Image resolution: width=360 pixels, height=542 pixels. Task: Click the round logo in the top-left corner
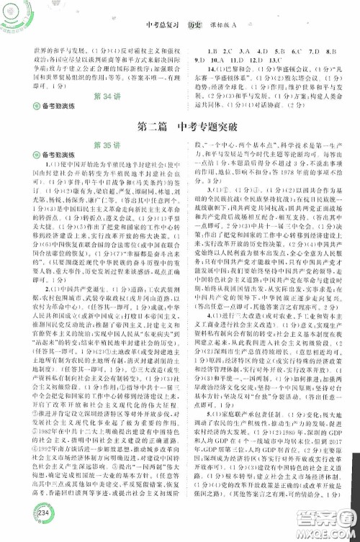coord(15,14)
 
